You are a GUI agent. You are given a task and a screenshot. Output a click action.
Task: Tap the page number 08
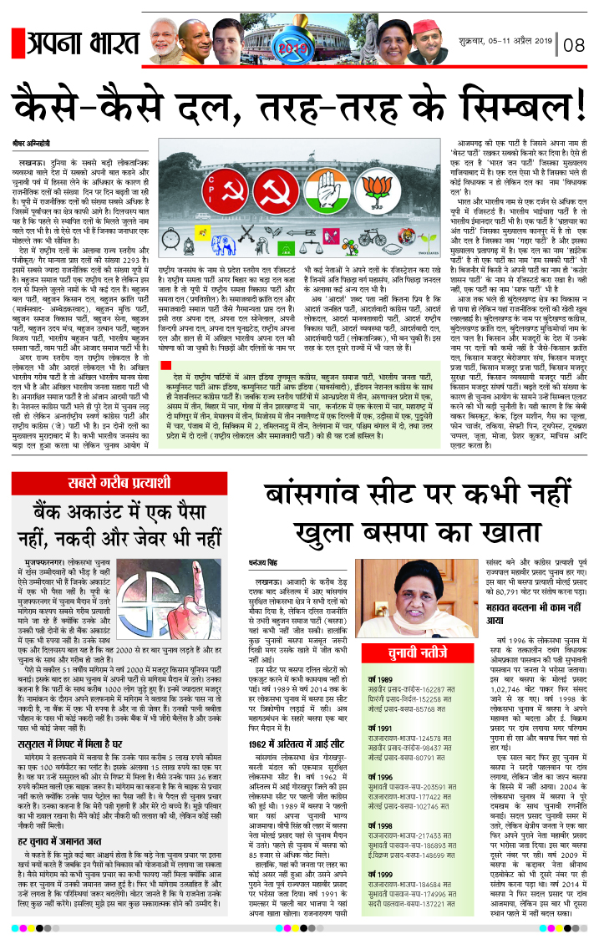[575, 44]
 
